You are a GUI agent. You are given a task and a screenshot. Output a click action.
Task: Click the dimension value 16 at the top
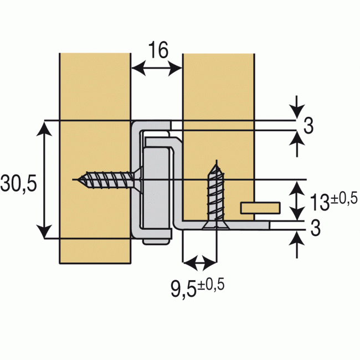[158, 51]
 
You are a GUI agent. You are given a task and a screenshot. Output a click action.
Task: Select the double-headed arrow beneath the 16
[156, 69]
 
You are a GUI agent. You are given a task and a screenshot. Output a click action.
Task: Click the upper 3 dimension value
[308, 126]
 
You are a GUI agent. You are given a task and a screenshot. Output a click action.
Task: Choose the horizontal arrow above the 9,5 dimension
[199, 261]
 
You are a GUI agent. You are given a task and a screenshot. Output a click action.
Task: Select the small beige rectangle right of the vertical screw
[260, 208]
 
